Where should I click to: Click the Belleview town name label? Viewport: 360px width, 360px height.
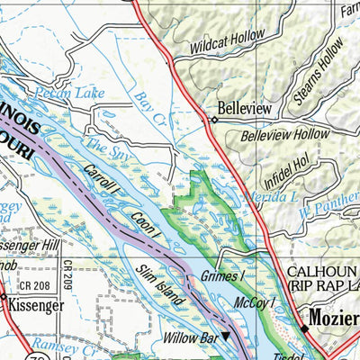(247, 108)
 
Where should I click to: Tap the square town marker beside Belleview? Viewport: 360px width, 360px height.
(215, 118)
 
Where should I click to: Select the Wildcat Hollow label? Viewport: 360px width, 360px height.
(227, 41)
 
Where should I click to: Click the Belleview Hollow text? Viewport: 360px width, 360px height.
(285, 136)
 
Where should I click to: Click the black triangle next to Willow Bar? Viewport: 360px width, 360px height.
(226, 337)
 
